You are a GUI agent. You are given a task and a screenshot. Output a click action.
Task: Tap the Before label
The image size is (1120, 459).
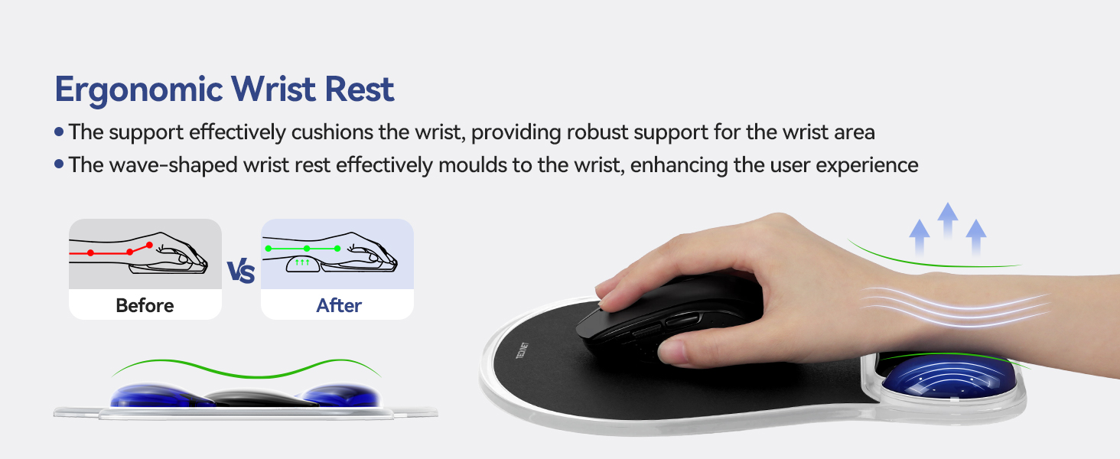click(145, 306)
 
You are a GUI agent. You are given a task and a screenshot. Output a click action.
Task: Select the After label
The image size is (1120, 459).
click(339, 306)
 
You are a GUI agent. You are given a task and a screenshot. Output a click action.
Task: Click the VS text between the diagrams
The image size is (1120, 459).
click(241, 272)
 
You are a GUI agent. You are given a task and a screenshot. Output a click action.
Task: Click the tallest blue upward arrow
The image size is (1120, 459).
click(948, 218)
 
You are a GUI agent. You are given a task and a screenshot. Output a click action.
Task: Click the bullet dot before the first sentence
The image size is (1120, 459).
click(59, 132)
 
